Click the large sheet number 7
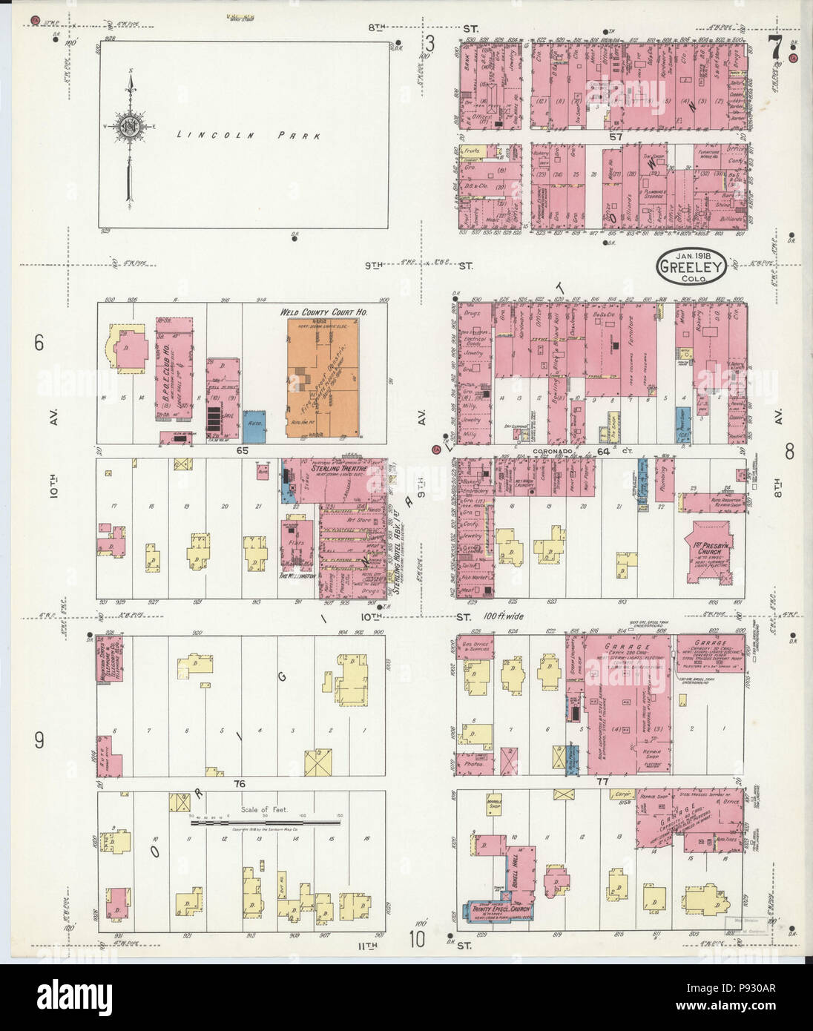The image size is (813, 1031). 774,49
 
